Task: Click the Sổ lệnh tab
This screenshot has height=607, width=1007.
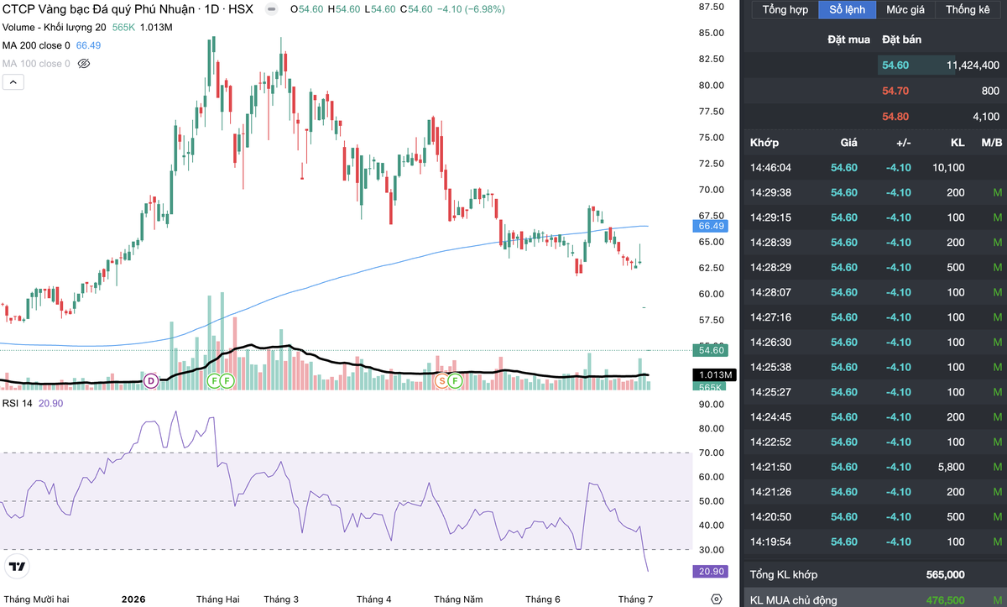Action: (847, 9)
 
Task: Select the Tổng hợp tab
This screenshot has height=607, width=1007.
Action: (785, 9)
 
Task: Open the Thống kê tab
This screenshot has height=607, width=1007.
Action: (968, 9)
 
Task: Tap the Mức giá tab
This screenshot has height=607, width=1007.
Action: (905, 9)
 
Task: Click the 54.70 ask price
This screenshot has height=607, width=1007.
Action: (895, 91)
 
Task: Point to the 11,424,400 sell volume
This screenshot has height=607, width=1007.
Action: (973, 65)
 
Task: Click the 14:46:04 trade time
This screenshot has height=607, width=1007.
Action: (770, 168)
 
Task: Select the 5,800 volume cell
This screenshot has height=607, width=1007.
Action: (951, 467)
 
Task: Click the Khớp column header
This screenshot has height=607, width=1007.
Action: (764, 143)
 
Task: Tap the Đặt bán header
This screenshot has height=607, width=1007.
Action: (901, 39)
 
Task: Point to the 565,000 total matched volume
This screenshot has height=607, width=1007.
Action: (945, 574)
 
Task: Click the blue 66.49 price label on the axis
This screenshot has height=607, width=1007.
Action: (710, 226)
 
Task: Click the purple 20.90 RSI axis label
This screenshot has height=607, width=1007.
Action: (710, 572)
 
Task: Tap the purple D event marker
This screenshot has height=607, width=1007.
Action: (151, 381)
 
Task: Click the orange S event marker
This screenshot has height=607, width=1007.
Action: (442, 381)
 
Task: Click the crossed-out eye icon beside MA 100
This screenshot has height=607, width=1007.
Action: (84, 64)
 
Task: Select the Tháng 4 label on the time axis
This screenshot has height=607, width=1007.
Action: (373, 599)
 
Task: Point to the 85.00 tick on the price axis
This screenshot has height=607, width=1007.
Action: (712, 33)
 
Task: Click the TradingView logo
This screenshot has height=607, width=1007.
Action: (17, 567)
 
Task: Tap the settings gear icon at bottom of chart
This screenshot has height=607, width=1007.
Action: (716, 599)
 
